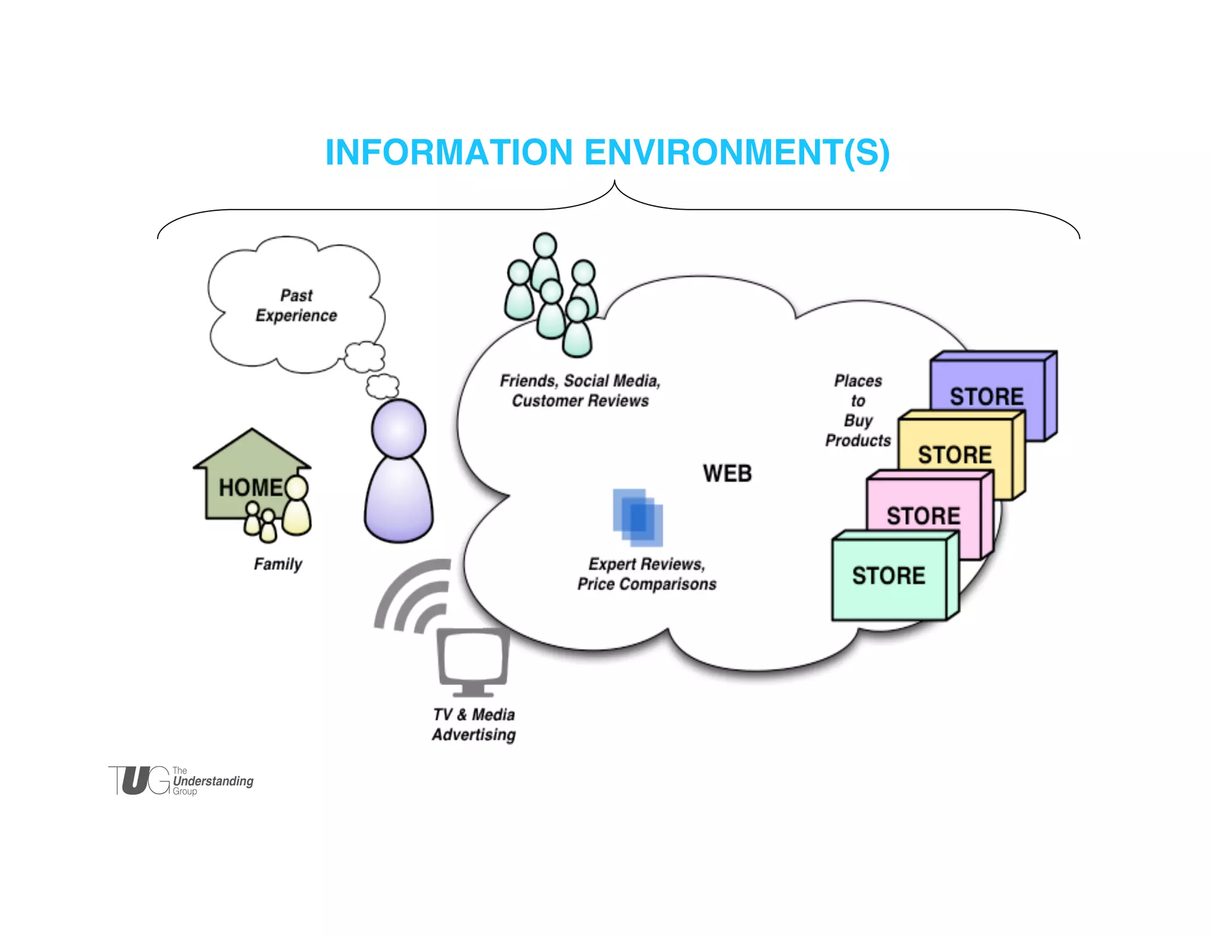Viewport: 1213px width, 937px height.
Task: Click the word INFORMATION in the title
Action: tap(448, 152)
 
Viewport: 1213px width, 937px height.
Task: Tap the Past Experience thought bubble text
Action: tap(296, 306)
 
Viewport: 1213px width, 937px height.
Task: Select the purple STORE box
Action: tap(987, 396)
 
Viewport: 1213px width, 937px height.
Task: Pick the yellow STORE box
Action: tap(955, 454)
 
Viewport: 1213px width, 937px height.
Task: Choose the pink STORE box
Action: tap(923, 515)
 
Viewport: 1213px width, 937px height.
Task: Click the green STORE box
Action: tap(888, 576)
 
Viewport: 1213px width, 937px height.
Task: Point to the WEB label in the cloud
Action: tap(727, 473)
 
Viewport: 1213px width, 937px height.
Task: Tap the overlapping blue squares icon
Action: tap(638, 517)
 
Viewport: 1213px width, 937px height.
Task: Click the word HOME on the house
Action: tap(251, 487)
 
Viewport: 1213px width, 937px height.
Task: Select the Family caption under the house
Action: tap(278, 564)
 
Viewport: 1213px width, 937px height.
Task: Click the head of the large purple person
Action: tap(399, 429)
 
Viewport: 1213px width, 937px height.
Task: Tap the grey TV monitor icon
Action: tap(473, 660)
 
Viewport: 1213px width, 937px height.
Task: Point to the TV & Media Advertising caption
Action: tap(474, 724)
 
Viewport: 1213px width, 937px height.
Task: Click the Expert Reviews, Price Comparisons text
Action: tap(647, 574)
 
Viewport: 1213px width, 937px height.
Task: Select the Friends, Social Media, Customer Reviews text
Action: tap(580, 391)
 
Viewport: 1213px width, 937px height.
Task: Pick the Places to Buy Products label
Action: tap(858, 410)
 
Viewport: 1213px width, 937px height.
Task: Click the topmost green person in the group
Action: tap(545, 246)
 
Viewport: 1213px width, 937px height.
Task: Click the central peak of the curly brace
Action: tap(615, 184)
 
